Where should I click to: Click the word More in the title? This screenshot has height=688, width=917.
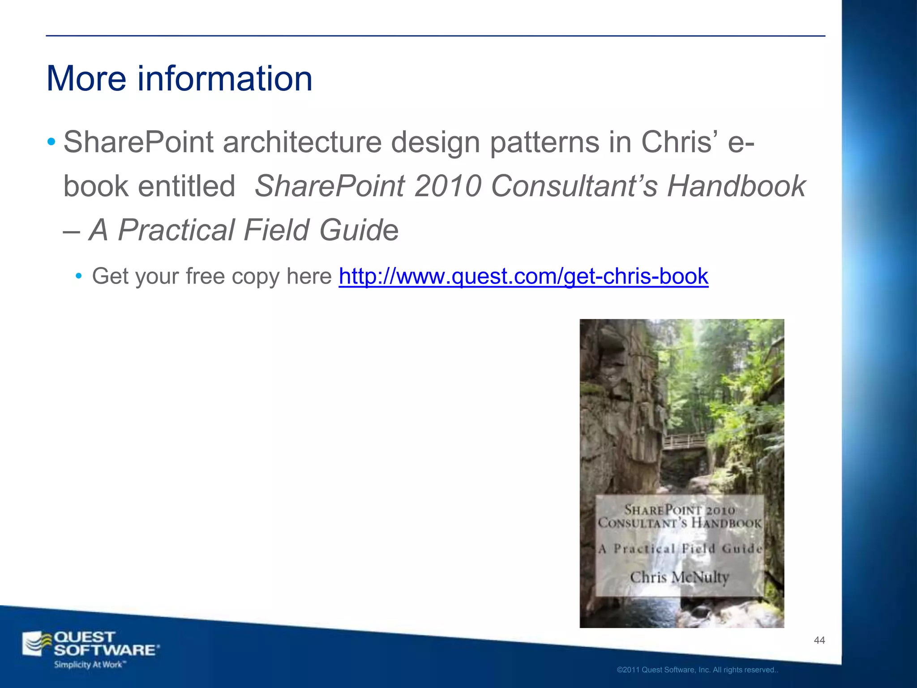(x=86, y=79)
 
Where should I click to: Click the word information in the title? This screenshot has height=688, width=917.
(x=225, y=79)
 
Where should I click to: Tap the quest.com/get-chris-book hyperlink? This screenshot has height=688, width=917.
(x=523, y=276)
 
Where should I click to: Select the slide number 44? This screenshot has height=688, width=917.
(x=819, y=641)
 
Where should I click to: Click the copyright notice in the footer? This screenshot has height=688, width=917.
(x=697, y=670)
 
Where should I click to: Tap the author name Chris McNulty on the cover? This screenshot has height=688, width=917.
(x=679, y=577)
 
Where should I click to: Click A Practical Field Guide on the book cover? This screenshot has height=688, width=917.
(x=680, y=549)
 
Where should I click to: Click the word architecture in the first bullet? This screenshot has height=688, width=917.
(x=302, y=142)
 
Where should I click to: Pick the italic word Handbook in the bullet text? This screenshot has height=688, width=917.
(x=736, y=186)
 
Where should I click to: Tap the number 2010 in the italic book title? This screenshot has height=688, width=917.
(x=447, y=186)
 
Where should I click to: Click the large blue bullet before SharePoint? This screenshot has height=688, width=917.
(x=51, y=142)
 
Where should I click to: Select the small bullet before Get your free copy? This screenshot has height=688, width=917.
(x=79, y=275)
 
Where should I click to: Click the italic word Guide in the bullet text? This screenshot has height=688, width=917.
(x=359, y=230)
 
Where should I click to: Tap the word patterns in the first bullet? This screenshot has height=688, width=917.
(x=544, y=142)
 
